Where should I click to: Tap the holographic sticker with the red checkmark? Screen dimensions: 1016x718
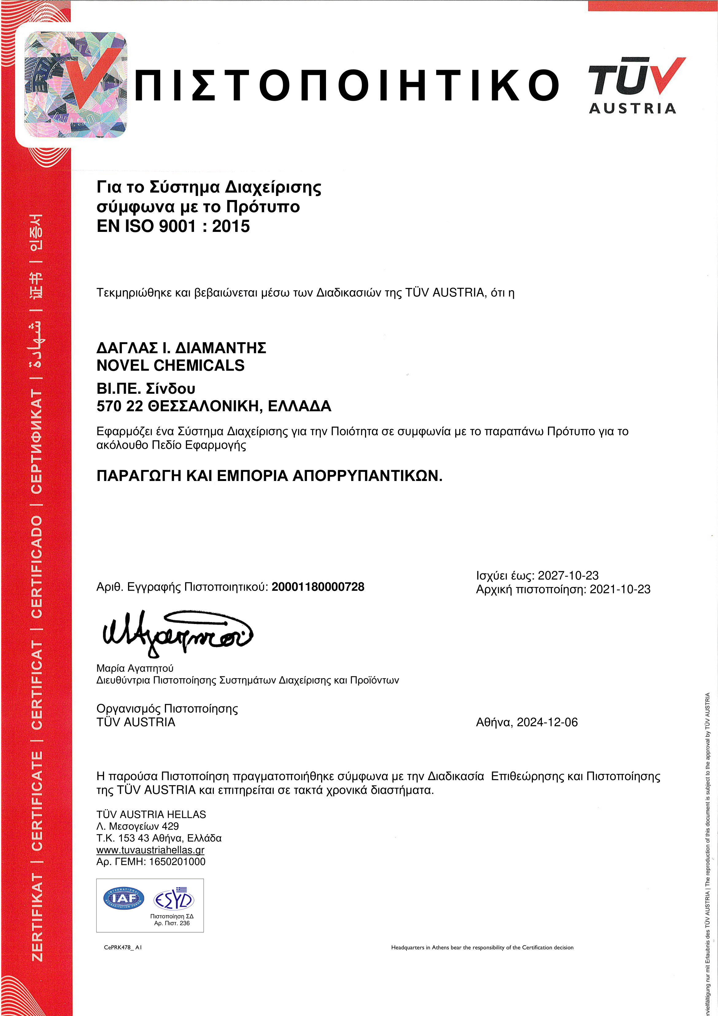(75, 84)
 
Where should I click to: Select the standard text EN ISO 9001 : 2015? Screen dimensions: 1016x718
(173, 226)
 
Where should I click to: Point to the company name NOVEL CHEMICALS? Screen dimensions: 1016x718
(170, 365)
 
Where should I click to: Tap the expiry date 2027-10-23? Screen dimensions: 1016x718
(568, 575)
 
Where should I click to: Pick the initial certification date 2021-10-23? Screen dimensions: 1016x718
(620, 589)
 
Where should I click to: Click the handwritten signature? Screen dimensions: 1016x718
(177, 632)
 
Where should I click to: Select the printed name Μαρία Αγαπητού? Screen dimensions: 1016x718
(135, 668)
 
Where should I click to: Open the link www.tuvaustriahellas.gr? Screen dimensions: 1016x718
(150, 850)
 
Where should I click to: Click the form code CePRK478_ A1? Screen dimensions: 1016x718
(122, 948)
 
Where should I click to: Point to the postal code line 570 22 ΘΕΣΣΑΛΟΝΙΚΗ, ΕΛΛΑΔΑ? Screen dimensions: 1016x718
(214, 406)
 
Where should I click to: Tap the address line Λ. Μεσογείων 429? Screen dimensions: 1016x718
(138, 826)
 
